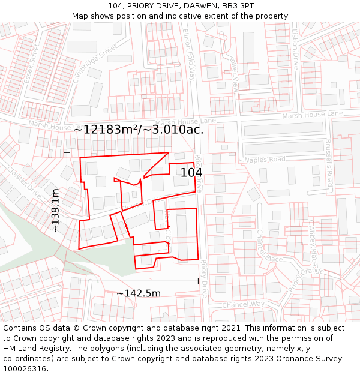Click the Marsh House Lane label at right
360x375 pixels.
point(312,114)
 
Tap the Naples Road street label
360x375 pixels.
point(265,160)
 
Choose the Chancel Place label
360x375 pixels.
point(269,246)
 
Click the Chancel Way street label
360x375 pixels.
point(243,304)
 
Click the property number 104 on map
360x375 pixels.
point(191,173)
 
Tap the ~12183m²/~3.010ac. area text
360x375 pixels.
point(139,130)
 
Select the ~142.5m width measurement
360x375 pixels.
point(139,293)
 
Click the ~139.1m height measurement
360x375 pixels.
point(56,211)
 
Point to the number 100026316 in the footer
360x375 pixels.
point(26,369)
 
